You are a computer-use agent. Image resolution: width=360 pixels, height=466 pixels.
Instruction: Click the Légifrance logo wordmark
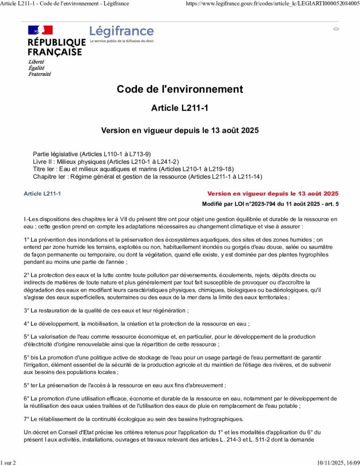click(x=122, y=31)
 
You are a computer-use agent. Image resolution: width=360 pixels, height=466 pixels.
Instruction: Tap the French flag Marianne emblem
click(x=41, y=30)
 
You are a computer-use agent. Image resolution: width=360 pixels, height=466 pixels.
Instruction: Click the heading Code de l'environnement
click(x=180, y=89)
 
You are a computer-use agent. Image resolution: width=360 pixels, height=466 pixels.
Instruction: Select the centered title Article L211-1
click(x=180, y=108)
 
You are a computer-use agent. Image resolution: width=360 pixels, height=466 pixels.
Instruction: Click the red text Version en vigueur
click(x=273, y=193)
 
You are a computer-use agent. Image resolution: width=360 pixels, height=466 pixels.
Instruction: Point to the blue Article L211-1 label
click(x=42, y=194)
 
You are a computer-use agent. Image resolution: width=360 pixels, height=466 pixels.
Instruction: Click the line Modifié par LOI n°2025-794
click(x=270, y=204)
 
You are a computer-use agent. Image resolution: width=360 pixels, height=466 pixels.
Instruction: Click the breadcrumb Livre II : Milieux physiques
click(x=106, y=162)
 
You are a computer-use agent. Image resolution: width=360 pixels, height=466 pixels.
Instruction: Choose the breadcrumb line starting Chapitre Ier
click(x=147, y=177)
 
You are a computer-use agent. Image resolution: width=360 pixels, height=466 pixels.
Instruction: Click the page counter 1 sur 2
click(x=8, y=462)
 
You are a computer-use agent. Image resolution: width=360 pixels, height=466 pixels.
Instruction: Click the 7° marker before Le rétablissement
click(x=26, y=419)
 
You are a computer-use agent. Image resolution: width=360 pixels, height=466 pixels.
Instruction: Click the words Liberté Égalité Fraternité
click(x=40, y=68)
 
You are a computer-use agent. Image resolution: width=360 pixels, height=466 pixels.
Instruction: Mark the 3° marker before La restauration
click(x=26, y=310)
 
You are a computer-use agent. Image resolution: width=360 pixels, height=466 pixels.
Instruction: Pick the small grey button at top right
click(x=336, y=29)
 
